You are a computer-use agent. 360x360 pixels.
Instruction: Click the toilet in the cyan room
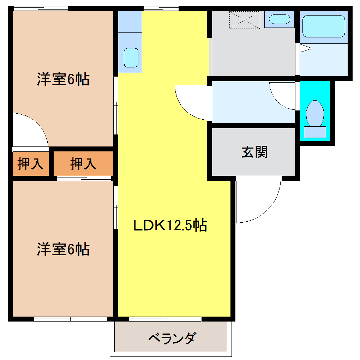point(315,114)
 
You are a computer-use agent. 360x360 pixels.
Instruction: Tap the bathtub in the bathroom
point(324,26)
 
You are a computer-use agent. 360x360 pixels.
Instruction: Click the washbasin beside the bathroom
point(279,19)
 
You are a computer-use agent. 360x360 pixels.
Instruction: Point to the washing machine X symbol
point(245,20)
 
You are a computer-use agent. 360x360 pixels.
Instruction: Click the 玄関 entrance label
point(254,152)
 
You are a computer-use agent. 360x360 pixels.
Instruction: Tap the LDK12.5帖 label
point(170,225)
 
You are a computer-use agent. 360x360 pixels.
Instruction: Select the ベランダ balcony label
point(171,339)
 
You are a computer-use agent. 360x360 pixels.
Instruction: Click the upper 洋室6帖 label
point(63,79)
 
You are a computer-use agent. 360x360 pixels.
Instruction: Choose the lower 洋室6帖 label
point(63,249)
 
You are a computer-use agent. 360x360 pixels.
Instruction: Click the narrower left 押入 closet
point(30,163)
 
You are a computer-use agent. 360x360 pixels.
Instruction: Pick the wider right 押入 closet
point(83,163)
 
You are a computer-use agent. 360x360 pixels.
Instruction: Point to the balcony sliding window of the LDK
point(165,319)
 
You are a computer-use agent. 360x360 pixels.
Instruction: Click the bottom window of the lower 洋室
point(70,319)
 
